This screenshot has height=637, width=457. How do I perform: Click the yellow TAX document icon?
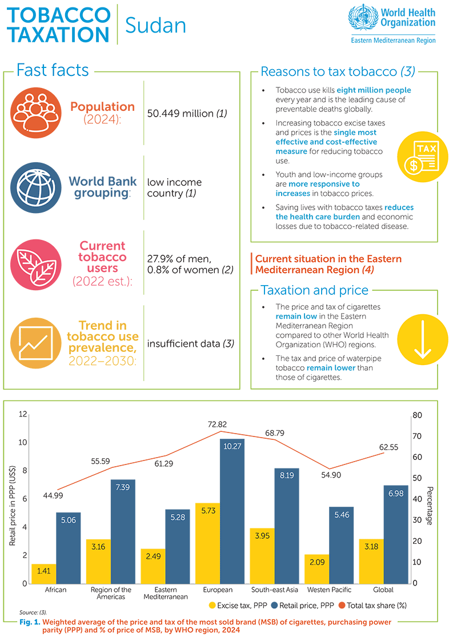coord(423,158)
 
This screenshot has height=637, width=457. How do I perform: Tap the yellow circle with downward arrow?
coord(423,337)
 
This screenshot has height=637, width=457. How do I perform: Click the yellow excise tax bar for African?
coord(43,573)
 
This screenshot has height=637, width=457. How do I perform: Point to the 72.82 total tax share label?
coord(222,425)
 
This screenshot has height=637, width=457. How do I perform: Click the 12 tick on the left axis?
coord(23,414)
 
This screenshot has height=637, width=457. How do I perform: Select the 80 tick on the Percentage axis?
coord(417,415)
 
